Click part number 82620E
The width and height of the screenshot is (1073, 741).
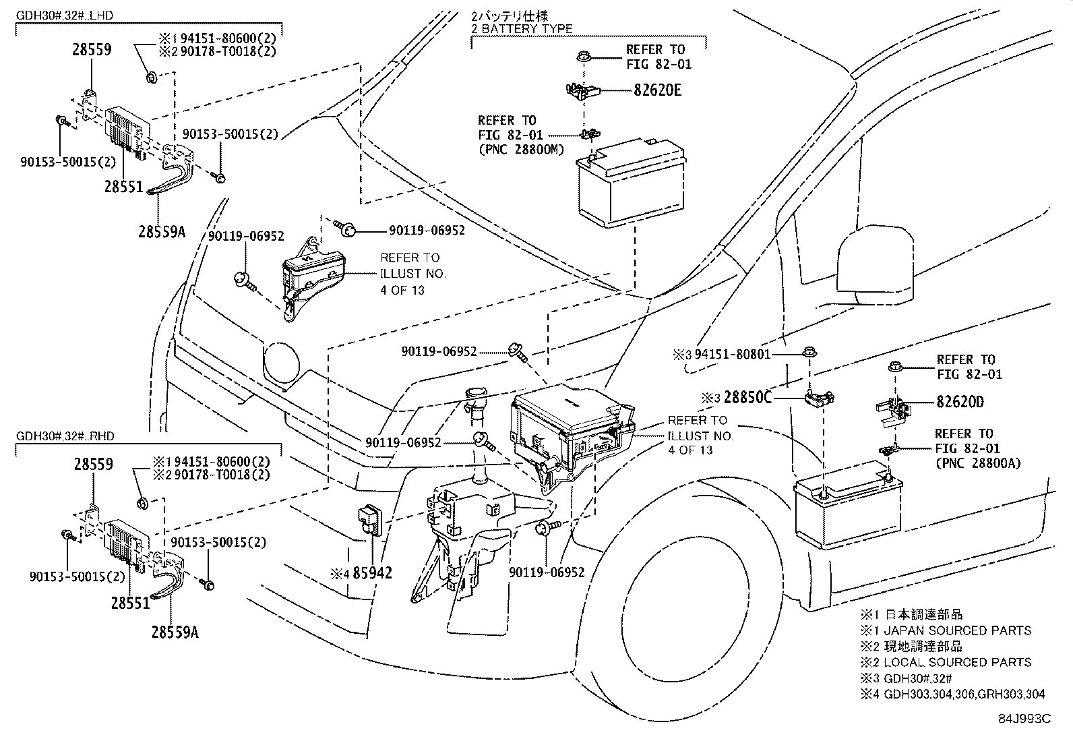(656, 90)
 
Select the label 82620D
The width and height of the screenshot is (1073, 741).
(960, 403)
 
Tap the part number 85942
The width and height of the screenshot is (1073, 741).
(373, 573)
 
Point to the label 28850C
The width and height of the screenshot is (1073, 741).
(747, 398)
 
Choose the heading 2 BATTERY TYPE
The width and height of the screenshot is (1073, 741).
(522, 29)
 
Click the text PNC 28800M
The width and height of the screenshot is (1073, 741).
(520, 149)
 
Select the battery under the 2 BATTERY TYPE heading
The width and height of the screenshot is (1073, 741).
(631, 183)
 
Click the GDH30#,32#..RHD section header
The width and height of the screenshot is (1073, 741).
(65, 436)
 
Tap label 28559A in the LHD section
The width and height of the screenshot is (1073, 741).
(161, 231)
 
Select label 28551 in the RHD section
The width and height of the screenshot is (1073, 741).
(130, 602)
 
